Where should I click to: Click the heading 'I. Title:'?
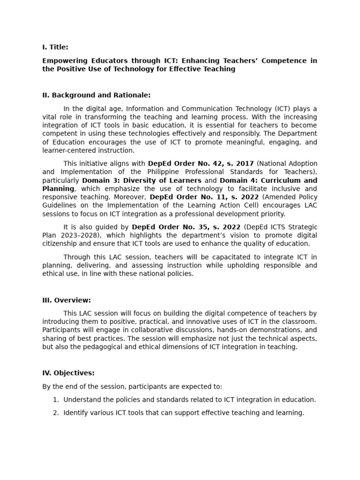55,47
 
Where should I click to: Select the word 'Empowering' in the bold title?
64,60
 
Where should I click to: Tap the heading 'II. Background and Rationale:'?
96,95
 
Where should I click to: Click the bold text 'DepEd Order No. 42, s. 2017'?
201,164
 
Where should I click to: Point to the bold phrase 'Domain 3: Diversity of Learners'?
142,180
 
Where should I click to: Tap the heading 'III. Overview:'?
67,300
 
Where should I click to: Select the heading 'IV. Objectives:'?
68,373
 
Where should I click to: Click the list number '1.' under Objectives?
56,400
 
